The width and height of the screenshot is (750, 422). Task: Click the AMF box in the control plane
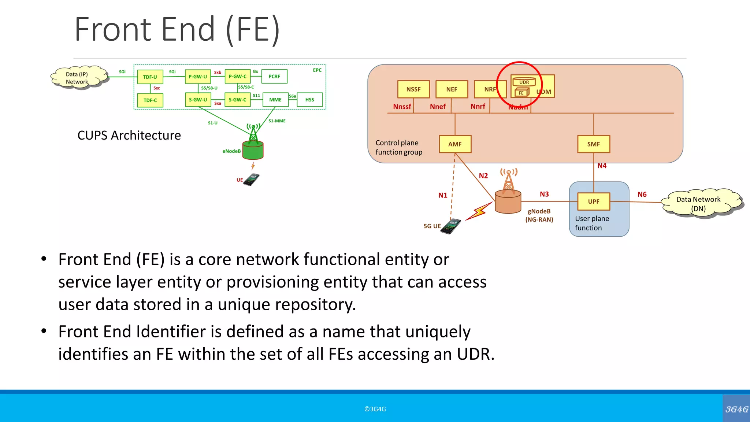(x=455, y=144)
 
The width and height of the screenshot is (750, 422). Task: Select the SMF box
(x=593, y=144)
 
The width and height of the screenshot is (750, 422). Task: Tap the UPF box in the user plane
(x=593, y=201)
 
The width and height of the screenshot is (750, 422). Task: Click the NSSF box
(x=413, y=89)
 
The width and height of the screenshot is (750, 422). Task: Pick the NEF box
(x=452, y=89)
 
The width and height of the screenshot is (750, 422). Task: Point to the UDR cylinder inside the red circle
(x=524, y=82)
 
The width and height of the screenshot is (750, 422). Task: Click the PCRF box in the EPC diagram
(x=274, y=77)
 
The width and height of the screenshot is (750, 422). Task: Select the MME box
(x=275, y=100)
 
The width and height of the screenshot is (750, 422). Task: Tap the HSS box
(x=309, y=100)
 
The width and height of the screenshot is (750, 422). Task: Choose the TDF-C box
(x=150, y=100)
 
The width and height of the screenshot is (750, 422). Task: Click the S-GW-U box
(x=198, y=100)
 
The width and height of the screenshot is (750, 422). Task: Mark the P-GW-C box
(x=237, y=77)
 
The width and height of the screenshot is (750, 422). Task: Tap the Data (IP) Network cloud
(x=78, y=77)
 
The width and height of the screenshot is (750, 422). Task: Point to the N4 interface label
(x=602, y=166)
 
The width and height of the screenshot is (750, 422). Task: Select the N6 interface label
(x=642, y=195)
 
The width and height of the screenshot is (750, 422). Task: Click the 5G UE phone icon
(x=451, y=226)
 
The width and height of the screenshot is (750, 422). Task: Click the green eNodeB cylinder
(x=253, y=150)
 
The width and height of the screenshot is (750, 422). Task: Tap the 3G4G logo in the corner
(x=736, y=409)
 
